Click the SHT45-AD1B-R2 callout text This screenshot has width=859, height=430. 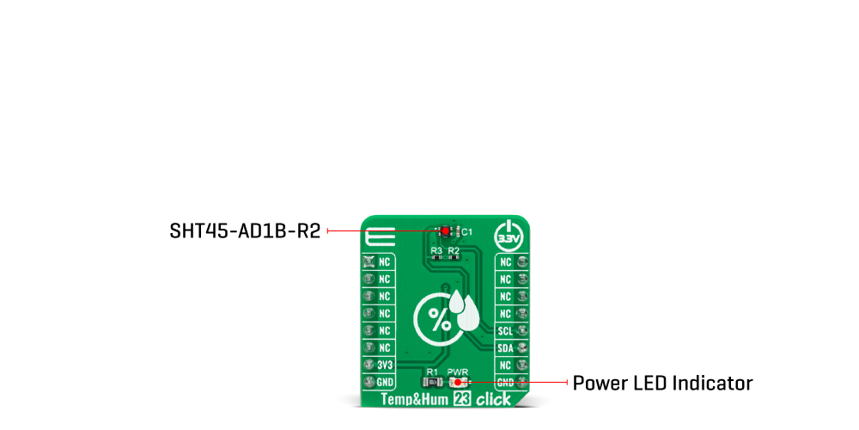(x=245, y=231)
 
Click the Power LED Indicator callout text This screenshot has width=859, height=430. (x=662, y=383)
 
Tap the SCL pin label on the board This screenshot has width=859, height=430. (x=505, y=330)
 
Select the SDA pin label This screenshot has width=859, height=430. (x=505, y=347)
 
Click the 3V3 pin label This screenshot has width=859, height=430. (x=385, y=365)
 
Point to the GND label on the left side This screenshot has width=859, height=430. (x=385, y=382)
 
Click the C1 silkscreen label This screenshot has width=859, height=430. (x=466, y=232)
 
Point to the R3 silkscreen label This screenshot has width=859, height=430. (x=436, y=250)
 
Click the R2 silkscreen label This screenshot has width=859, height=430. (x=454, y=250)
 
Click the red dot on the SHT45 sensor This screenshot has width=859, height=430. (x=445, y=231)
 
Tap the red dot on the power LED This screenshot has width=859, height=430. (x=458, y=382)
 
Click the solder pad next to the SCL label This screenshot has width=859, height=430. (x=521, y=330)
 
